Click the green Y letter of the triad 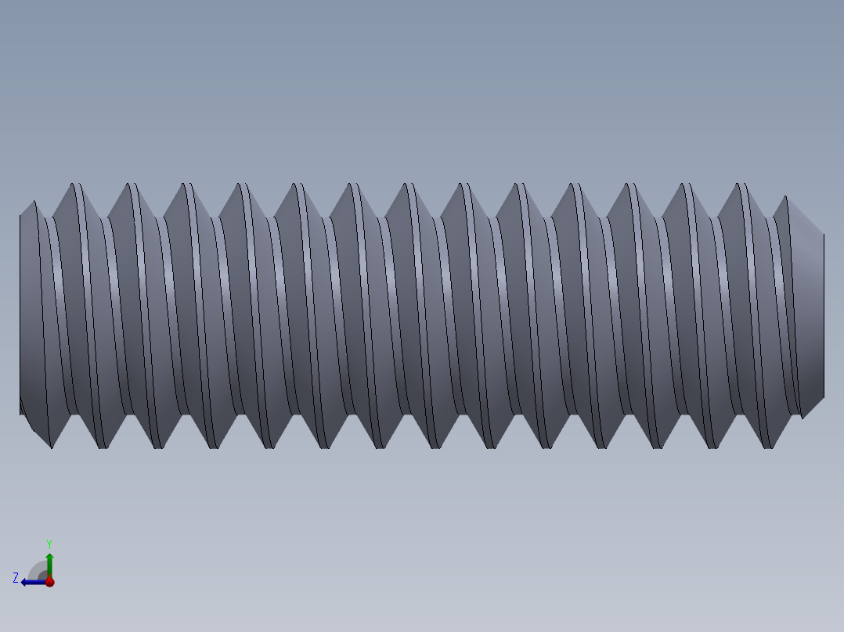tap(49, 543)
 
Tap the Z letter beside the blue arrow tap(16, 577)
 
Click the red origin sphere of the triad tap(49, 582)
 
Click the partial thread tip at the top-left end tap(34, 205)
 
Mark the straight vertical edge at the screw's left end tap(20, 313)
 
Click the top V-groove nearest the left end tap(52, 215)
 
